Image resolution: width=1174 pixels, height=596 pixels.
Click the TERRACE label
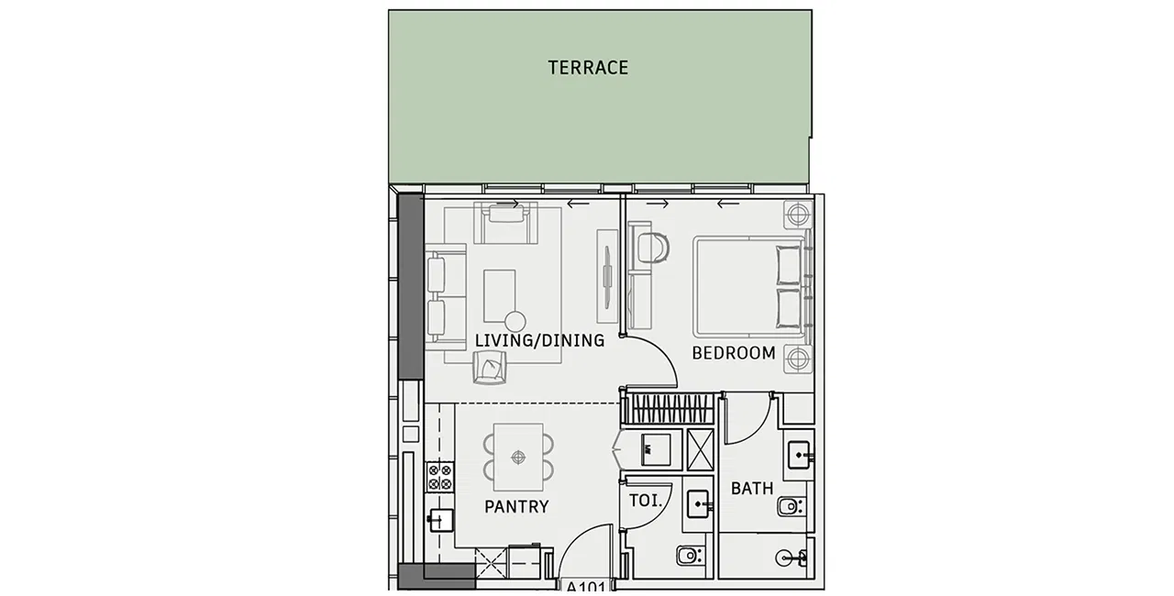click(588, 68)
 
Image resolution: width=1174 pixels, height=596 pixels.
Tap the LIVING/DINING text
click(539, 340)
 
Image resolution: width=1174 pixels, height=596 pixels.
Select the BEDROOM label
click(733, 353)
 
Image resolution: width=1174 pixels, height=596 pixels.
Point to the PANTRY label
click(516, 506)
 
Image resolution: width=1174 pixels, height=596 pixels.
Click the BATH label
click(752, 489)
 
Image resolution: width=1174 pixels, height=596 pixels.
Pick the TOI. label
click(646, 501)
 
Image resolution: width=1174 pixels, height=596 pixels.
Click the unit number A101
click(586, 588)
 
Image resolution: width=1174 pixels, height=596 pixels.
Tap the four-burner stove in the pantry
click(439, 477)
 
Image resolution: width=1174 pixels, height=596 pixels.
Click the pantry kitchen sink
click(440, 520)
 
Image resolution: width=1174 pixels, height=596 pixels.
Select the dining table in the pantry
click(518, 458)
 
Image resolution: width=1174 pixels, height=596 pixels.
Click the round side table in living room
click(515, 322)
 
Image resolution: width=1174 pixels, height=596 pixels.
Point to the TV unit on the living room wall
click(607, 276)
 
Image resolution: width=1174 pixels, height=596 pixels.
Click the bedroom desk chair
click(654, 248)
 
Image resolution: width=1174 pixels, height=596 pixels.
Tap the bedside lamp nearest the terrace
click(798, 215)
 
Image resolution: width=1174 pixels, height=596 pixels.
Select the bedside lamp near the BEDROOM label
click(798, 359)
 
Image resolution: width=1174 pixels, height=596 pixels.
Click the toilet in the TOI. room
click(689, 556)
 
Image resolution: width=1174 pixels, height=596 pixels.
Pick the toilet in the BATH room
click(791, 506)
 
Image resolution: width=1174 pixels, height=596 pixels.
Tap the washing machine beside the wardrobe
click(655, 449)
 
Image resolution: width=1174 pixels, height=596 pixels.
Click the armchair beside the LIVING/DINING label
click(490, 367)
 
